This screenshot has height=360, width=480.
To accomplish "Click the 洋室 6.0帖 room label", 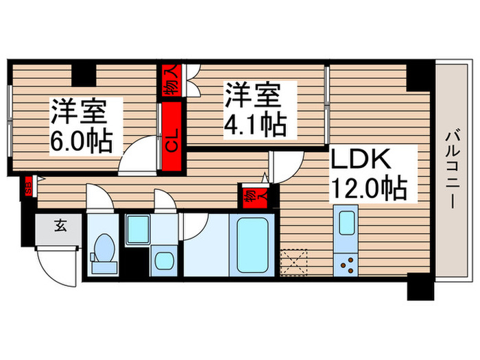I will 80,126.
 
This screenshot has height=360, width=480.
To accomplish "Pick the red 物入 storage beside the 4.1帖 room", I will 171,80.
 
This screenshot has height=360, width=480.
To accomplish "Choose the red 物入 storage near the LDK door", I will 251,197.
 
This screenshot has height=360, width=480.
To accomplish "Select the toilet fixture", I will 104,251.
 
